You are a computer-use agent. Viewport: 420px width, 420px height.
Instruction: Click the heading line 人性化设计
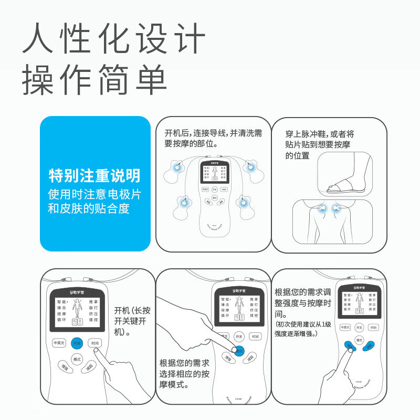click(x=113, y=38)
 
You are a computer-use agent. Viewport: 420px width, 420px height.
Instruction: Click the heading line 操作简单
click(x=94, y=80)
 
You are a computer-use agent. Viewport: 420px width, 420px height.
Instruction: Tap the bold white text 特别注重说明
click(x=94, y=175)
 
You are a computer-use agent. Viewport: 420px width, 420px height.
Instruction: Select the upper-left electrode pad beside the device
click(x=176, y=169)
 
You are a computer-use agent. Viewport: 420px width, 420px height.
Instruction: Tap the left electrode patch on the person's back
click(x=320, y=208)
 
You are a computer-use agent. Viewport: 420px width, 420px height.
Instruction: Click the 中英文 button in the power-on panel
click(x=59, y=343)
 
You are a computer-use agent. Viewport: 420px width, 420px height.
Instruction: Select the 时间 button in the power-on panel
click(x=95, y=343)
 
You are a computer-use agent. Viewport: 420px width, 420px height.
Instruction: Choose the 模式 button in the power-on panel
click(x=77, y=359)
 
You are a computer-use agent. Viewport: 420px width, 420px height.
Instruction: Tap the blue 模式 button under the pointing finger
click(x=239, y=351)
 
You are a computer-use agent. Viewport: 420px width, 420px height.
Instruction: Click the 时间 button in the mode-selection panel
click(x=255, y=337)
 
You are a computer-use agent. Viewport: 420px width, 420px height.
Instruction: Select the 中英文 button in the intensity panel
click(x=345, y=327)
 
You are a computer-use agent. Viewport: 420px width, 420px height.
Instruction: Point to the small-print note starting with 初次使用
click(x=303, y=329)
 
